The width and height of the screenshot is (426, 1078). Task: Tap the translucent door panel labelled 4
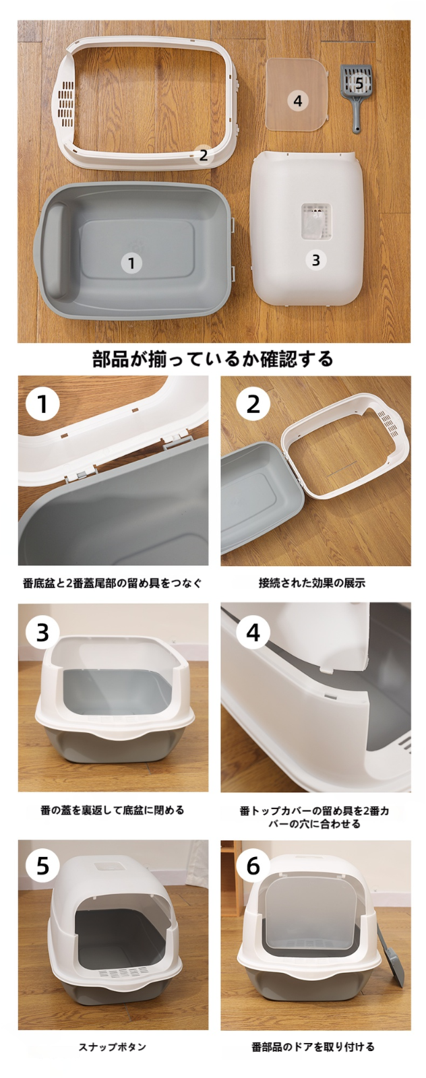pos(297,94)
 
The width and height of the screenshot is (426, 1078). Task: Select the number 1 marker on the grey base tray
pos(131,263)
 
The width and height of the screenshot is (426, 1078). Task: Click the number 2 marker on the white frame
pos(203,154)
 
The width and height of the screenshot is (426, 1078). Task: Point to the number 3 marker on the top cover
pos(315,260)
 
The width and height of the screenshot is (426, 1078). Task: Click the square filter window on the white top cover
pos(316,221)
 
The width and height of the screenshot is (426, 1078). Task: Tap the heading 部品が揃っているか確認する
pos(212,358)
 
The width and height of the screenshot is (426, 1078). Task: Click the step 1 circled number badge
pos(43,404)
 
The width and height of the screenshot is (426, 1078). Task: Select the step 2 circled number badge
pos(253,404)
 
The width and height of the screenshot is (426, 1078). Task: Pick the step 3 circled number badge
pos(43,631)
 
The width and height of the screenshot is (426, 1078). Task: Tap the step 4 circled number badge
pos(253,631)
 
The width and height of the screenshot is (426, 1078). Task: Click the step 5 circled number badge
pos(43,866)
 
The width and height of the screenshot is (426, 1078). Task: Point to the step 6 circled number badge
pos(253,866)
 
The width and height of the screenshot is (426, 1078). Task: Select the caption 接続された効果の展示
pos(312,583)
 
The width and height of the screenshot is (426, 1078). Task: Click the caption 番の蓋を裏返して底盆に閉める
pos(113,810)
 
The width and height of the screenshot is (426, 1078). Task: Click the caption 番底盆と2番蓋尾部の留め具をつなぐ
pos(112,583)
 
